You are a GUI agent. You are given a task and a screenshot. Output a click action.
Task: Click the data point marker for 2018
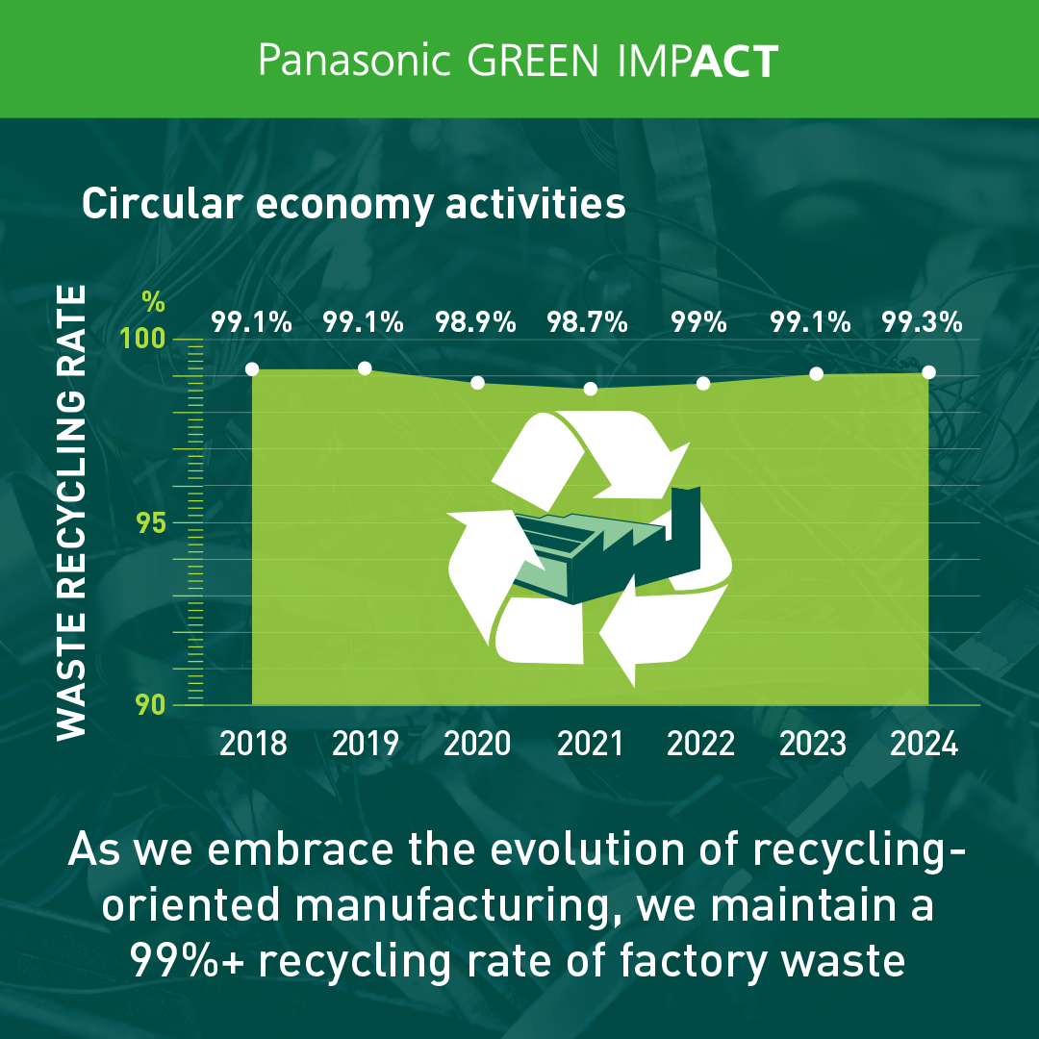pyautogui.click(x=252, y=369)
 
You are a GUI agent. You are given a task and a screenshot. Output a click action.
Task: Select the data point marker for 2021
pyautogui.click(x=591, y=389)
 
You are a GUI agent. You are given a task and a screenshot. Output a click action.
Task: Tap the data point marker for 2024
pyautogui.click(x=929, y=372)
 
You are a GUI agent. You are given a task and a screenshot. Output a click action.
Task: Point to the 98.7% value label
pyautogui.click(x=587, y=322)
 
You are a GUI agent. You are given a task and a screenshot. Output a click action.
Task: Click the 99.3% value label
pyautogui.click(x=922, y=322)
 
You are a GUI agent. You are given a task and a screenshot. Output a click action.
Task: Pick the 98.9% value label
pyautogui.click(x=475, y=322)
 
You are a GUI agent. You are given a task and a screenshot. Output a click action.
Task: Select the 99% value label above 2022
pyautogui.click(x=698, y=322)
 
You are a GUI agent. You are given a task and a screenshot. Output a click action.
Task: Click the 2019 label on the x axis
pyautogui.click(x=366, y=744)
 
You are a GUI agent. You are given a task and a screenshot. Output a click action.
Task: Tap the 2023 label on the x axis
pyautogui.click(x=812, y=744)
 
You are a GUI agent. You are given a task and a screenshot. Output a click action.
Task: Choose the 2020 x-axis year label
pyautogui.click(x=477, y=744)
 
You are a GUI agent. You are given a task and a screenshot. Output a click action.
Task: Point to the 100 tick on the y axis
pyautogui.click(x=142, y=339)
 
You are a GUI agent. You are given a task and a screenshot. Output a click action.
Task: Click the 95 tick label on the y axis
pyautogui.click(x=151, y=522)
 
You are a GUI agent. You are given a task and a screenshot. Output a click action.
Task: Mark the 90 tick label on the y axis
pyautogui.click(x=151, y=705)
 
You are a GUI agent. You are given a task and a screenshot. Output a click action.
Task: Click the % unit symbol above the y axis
pyautogui.click(x=153, y=302)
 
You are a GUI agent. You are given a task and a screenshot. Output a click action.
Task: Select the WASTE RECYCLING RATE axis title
pyautogui.click(x=71, y=512)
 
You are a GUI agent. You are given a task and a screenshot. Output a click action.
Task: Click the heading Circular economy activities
pyautogui.click(x=354, y=204)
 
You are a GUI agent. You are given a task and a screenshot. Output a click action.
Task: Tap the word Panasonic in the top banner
pyautogui.click(x=354, y=60)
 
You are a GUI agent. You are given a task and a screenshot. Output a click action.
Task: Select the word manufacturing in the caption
pyautogui.click(x=453, y=905)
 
